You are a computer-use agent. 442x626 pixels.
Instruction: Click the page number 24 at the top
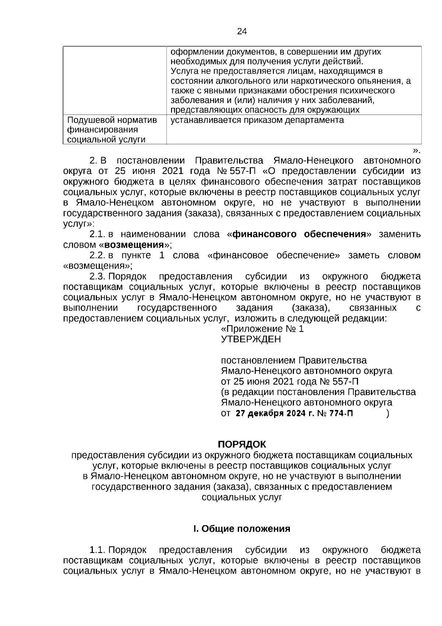pos(242,31)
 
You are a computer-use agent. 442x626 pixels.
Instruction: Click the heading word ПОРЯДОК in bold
pos(242,444)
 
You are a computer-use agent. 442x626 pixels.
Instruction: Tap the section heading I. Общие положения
pos(242,529)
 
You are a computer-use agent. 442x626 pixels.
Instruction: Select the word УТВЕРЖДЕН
pos(250,339)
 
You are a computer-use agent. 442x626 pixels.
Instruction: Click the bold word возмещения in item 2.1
pos(134,245)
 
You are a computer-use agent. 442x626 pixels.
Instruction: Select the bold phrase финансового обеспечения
pos(299,234)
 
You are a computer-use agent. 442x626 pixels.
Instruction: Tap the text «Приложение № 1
pos(262,329)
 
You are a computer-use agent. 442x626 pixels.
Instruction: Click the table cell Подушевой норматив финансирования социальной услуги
pos(112,129)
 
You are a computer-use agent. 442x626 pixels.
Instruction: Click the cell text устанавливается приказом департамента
pos(257,120)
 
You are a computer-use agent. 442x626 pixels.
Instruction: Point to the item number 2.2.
pos(98,255)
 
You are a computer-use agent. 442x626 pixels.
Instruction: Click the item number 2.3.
pos(98,277)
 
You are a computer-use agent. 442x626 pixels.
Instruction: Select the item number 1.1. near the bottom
pos(98,550)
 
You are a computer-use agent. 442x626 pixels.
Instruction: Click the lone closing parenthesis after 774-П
pos(387,413)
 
